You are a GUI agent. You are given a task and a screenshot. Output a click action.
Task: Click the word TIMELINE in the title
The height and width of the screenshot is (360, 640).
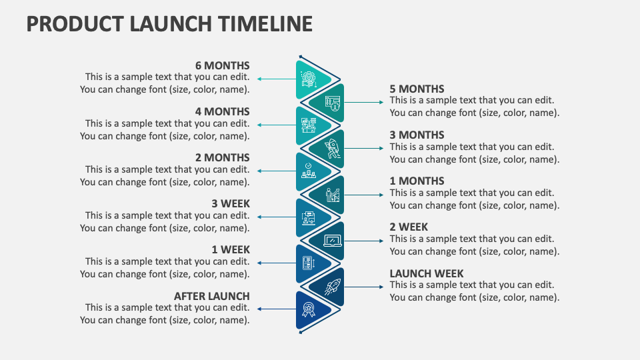pos(265,24)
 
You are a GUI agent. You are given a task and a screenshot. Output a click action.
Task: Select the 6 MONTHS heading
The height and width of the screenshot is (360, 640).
pos(222,66)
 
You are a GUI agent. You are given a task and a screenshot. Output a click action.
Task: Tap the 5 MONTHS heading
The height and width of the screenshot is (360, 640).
pos(417,89)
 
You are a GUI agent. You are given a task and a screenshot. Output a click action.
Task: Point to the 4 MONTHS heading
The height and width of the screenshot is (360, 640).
pos(222,112)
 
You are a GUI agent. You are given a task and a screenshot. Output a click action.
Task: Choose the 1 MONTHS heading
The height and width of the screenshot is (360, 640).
pos(417,181)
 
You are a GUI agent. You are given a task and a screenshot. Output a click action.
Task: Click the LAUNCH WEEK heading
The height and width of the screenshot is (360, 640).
pos(427,273)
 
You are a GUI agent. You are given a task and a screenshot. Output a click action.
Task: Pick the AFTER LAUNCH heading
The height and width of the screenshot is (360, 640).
pos(212,296)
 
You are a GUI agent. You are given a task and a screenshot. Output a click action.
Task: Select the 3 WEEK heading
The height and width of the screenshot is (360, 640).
pos(231,204)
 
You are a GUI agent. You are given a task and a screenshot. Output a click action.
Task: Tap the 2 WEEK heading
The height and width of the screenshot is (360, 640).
pos(409,227)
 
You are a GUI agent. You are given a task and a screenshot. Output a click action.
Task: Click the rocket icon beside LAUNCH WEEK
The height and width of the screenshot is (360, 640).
pos(333,287)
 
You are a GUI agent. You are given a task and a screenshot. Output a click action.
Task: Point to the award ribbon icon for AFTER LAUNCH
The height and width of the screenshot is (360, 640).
pos(309,309)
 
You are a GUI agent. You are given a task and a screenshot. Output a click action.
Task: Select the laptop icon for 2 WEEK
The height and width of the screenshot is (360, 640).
pos(333,241)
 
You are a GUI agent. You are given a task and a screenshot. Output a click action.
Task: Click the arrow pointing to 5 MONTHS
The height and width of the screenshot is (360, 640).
pos(364,102)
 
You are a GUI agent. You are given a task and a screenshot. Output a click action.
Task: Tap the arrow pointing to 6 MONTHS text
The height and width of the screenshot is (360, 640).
pos(276,79)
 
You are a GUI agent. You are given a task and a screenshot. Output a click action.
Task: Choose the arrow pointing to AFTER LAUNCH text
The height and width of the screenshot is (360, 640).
pos(276,309)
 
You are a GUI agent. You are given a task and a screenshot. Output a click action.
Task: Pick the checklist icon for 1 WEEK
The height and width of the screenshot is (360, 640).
pos(309,263)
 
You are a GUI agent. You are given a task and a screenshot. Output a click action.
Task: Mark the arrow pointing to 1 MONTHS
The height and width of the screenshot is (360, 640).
pos(364,195)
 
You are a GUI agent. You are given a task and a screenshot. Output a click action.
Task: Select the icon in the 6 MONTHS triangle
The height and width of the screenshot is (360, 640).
pos(309,79)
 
